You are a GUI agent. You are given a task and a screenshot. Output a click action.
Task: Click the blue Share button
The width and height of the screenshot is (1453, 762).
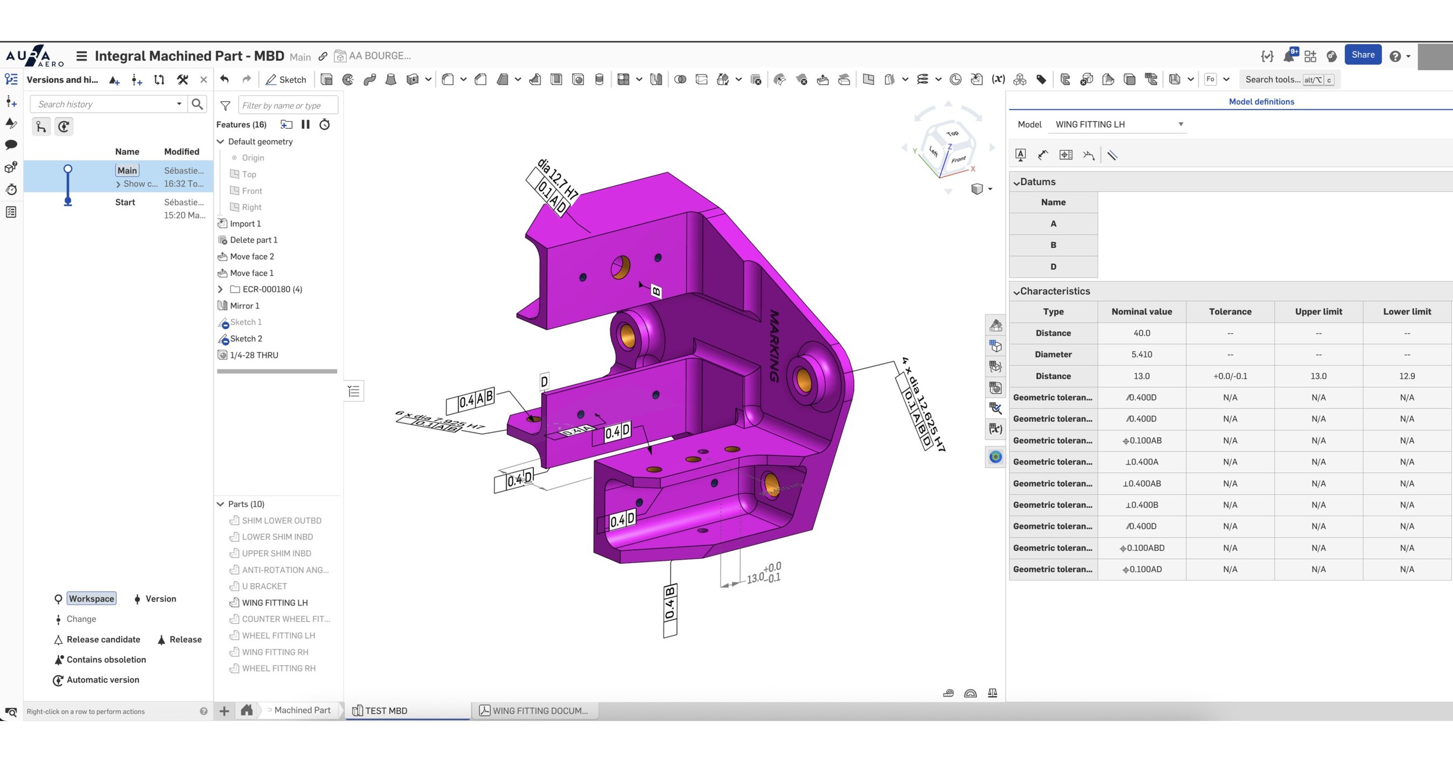[1362, 55]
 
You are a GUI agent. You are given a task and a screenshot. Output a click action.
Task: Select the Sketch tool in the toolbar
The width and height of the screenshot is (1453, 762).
[286, 80]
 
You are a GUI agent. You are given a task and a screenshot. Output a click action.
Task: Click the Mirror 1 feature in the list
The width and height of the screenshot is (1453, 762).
[245, 306]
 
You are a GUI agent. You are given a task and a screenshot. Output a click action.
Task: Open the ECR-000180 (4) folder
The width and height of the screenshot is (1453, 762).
[272, 289]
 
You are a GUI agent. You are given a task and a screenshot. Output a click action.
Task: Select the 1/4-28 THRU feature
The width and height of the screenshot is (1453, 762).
[254, 355]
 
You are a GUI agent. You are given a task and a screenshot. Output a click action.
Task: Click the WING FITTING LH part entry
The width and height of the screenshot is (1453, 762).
[274, 602]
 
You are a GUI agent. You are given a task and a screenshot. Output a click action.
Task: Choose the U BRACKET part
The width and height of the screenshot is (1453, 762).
[264, 586]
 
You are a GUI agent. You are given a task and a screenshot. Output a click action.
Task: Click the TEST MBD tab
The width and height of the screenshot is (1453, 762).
[386, 711]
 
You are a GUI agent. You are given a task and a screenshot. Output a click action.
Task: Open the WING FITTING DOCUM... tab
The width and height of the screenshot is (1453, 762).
[539, 711]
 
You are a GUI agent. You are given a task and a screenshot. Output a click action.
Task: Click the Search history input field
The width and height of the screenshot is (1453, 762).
[104, 105]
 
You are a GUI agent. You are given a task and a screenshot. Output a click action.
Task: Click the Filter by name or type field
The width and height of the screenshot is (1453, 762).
[287, 106]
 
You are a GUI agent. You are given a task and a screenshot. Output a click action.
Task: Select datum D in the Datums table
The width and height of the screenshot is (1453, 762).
[1052, 266]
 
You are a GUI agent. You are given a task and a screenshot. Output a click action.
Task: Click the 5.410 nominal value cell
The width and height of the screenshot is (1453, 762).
[1141, 355]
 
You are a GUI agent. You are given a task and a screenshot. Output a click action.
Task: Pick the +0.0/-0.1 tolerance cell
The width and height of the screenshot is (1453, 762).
[1230, 376]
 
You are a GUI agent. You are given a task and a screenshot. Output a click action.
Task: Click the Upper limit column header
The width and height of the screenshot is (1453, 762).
[1318, 311]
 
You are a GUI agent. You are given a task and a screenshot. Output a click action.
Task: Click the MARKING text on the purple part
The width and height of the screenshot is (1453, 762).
[774, 345]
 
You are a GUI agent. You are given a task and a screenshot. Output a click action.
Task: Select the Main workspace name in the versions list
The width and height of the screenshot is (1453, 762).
[127, 170]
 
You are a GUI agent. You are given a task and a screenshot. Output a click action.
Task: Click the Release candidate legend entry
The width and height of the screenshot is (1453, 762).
[103, 640]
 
